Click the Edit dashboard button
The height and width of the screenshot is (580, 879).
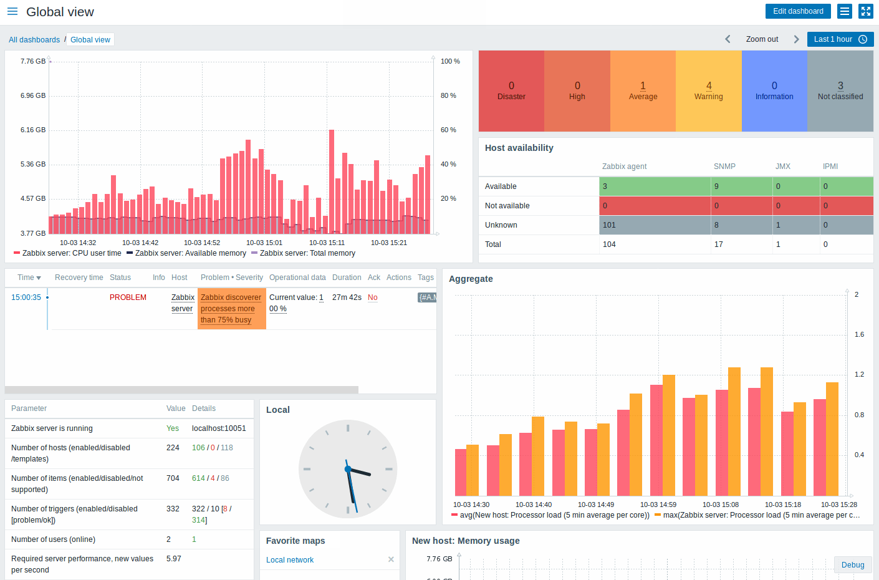[x=798, y=11]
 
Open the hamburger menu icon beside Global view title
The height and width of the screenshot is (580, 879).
[x=12, y=12]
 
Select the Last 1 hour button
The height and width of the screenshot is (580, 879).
[x=840, y=39]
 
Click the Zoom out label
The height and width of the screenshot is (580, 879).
[x=762, y=39]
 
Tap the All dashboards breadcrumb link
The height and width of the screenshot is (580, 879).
[x=34, y=40]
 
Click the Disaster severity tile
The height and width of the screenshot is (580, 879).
[x=511, y=91]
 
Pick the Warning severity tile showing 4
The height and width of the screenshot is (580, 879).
[x=709, y=91]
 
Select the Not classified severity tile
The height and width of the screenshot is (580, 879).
[x=840, y=91]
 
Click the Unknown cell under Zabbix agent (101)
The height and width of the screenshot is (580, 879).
[x=655, y=225]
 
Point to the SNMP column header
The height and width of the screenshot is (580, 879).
[x=724, y=167]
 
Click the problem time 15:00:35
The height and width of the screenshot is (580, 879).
[x=26, y=297]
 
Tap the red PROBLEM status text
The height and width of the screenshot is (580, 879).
[x=128, y=297]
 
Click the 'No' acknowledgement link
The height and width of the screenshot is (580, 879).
[x=372, y=297]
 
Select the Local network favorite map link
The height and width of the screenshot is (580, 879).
[x=290, y=560]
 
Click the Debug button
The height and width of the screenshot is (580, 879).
[x=852, y=565]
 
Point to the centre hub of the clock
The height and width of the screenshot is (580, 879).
[x=348, y=469]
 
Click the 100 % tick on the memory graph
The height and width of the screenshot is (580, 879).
[x=450, y=61]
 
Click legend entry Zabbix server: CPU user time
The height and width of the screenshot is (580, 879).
[x=71, y=253]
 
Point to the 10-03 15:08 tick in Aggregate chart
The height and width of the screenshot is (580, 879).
[x=720, y=505]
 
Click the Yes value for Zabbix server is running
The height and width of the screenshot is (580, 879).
[x=173, y=428]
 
